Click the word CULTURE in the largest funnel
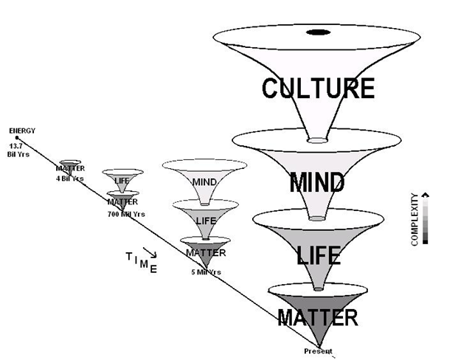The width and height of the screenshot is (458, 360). (318, 89)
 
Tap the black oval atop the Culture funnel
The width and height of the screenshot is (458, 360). (317, 32)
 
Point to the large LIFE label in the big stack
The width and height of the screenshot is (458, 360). (318, 255)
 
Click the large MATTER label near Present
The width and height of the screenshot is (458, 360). (318, 318)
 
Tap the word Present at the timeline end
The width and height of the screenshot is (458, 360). (319, 351)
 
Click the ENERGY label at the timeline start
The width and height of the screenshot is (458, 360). (22, 131)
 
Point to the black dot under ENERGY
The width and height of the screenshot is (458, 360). (18, 138)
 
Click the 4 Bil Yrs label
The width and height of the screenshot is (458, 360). (71, 178)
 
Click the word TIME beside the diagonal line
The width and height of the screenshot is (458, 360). (142, 261)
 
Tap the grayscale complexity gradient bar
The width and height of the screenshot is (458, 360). (426, 219)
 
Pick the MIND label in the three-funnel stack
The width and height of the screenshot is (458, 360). (203, 181)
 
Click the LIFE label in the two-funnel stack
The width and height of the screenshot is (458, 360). (122, 180)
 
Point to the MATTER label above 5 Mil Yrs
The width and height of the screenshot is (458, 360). (205, 253)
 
